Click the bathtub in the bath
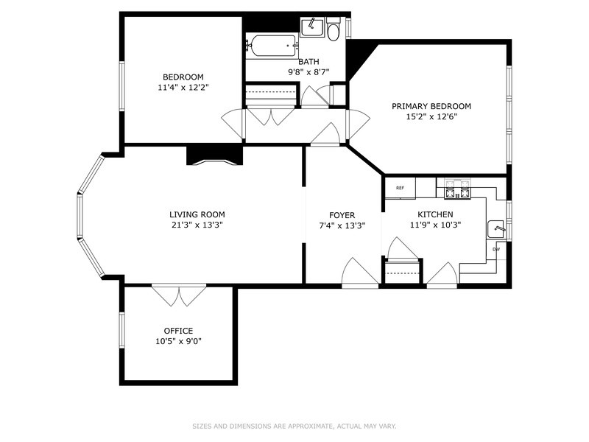pos(272,46)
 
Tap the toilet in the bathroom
pos(333,29)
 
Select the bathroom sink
pos(312,27)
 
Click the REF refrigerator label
pos(400,188)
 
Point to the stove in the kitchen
pos(457,189)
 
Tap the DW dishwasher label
pos(496,249)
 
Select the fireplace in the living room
pos(214,155)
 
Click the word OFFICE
pos(178,331)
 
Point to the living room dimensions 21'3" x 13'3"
pos(197,225)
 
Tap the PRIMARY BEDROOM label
pos(431,106)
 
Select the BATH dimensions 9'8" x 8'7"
pos(308,71)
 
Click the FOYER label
pos(342,215)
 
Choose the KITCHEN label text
pos(435,214)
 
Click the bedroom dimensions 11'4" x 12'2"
pos(183,88)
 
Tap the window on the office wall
pos(121,329)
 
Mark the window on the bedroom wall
pos(121,86)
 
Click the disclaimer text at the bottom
pos(294,427)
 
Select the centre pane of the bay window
pos(80,216)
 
